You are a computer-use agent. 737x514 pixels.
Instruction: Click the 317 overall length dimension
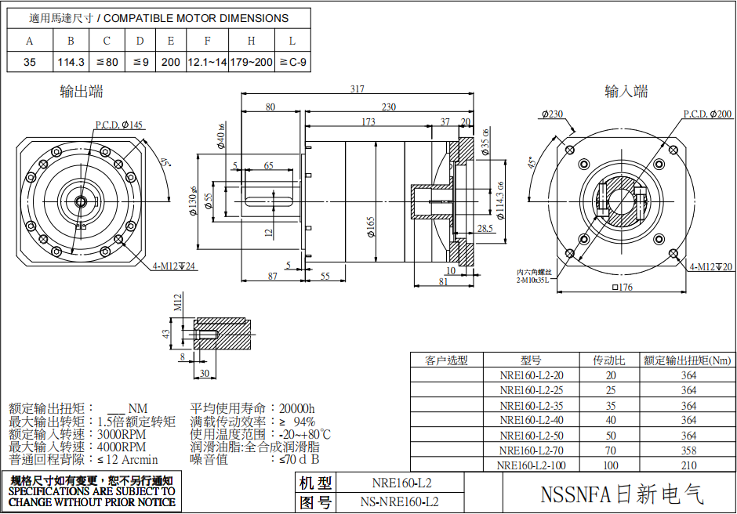click(358, 89)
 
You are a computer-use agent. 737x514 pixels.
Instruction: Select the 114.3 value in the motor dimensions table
click(71, 62)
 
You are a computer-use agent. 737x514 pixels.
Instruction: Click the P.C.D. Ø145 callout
click(119, 125)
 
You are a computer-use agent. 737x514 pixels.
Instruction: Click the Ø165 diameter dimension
click(370, 227)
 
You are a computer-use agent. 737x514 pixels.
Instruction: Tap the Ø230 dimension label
click(552, 114)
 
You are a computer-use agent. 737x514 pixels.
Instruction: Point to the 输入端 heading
click(626, 92)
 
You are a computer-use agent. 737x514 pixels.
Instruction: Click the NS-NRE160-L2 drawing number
click(400, 501)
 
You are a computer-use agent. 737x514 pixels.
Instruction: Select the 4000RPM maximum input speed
click(122, 447)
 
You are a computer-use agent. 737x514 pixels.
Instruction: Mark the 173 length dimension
click(368, 122)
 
